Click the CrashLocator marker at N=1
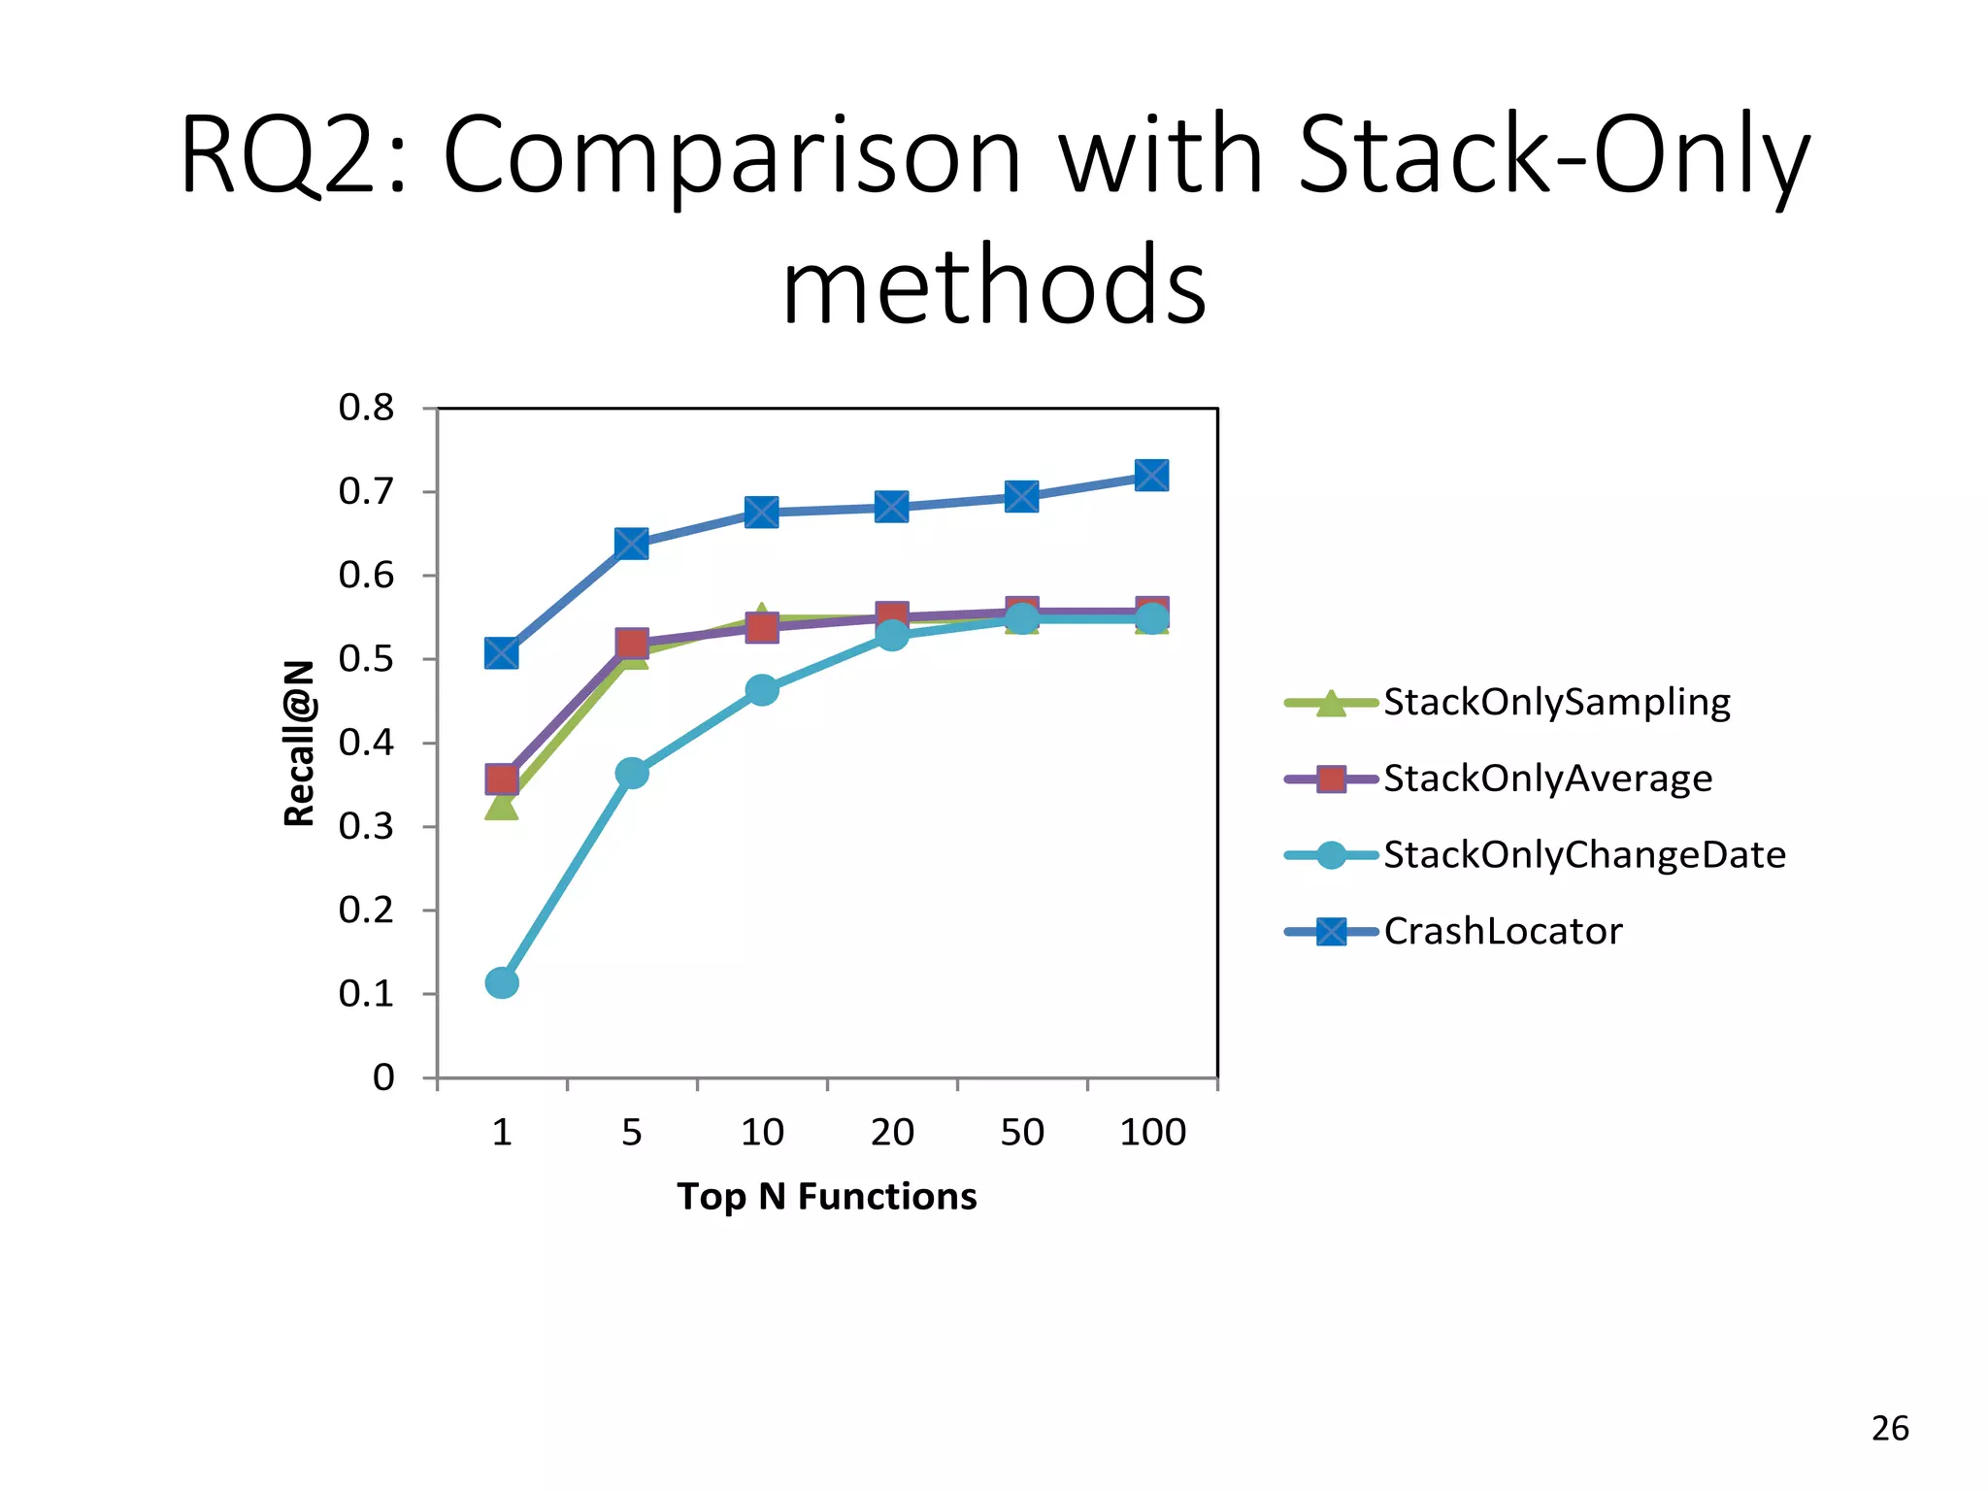tap(501, 653)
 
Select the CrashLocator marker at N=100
tap(1151, 476)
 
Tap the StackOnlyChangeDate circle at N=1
tap(501, 982)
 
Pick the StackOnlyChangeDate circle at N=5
tap(631, 773)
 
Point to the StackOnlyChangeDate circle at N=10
tap(762, 690)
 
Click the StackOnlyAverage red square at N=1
tap(501, 779)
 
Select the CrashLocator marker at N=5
tap(631, 544)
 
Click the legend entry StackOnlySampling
tap(1555, 702)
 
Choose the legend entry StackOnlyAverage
tap(1547, 779)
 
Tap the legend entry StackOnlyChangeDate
tap(1583, 855)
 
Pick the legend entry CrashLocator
tap(1502, 932)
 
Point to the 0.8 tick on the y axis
tap(367, 408)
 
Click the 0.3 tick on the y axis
tap(367, 827)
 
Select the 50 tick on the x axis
tap(1022, 1132)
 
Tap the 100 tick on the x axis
tap(1152, 1132)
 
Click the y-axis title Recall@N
tap(300, 744)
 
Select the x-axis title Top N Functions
tap(827, 1197)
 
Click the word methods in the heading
tap(994, 285)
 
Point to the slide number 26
tap(1889, 1429)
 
